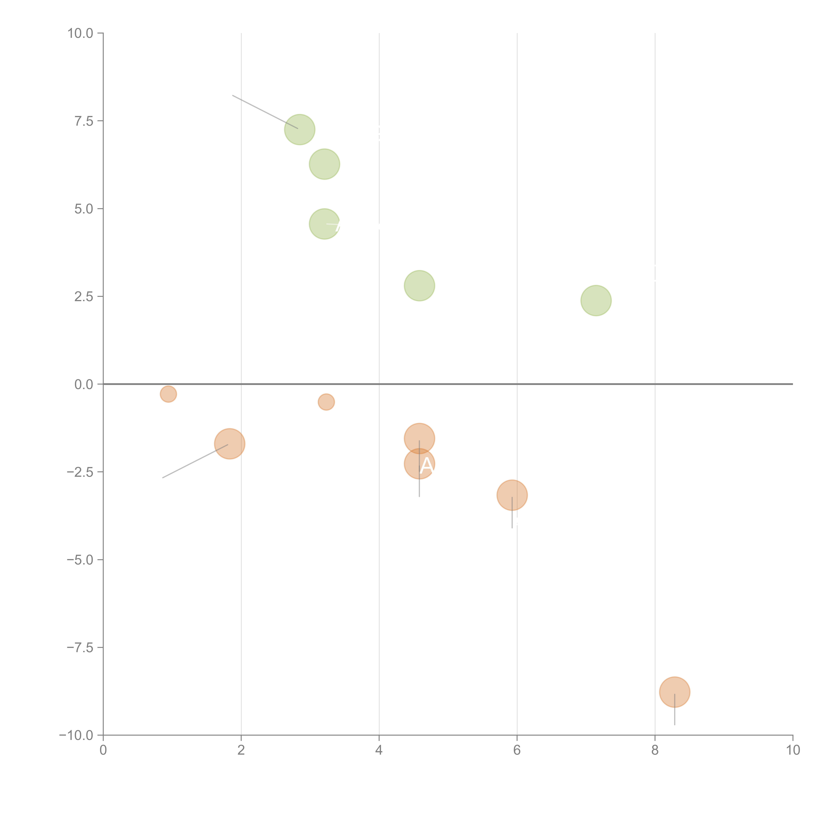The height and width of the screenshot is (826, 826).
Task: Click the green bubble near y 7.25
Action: point(300,130)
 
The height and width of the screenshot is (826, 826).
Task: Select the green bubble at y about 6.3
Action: point(324,164)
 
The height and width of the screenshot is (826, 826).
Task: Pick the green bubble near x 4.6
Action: point(419,286)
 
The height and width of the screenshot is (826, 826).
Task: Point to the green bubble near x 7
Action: point(596,300)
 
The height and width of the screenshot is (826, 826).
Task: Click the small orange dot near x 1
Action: point(169,394)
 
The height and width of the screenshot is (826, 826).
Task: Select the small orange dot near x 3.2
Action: point(326,402)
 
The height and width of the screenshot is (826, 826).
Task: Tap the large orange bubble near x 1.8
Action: point(230,444)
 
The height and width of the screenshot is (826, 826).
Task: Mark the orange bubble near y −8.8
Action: point(675,692)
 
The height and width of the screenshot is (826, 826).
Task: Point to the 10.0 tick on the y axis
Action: point(80,33)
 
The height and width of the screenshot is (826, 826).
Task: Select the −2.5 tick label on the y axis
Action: point(80,472)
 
